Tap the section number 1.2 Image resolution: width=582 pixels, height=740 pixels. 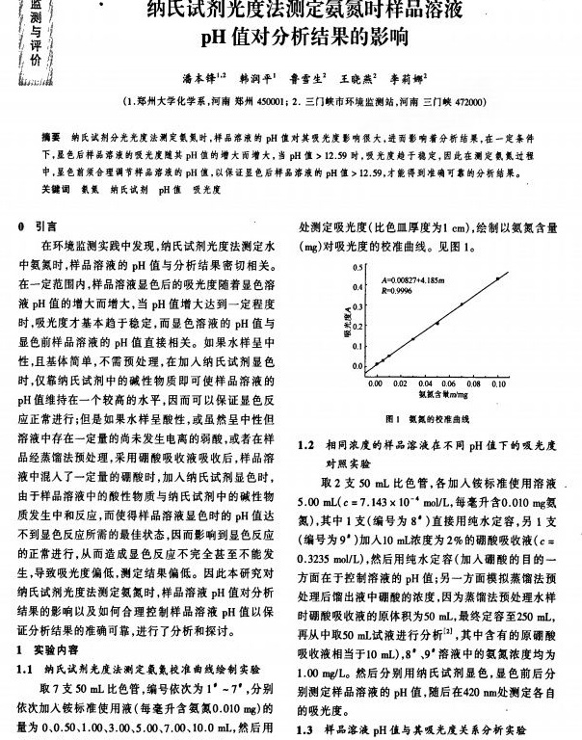306,445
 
